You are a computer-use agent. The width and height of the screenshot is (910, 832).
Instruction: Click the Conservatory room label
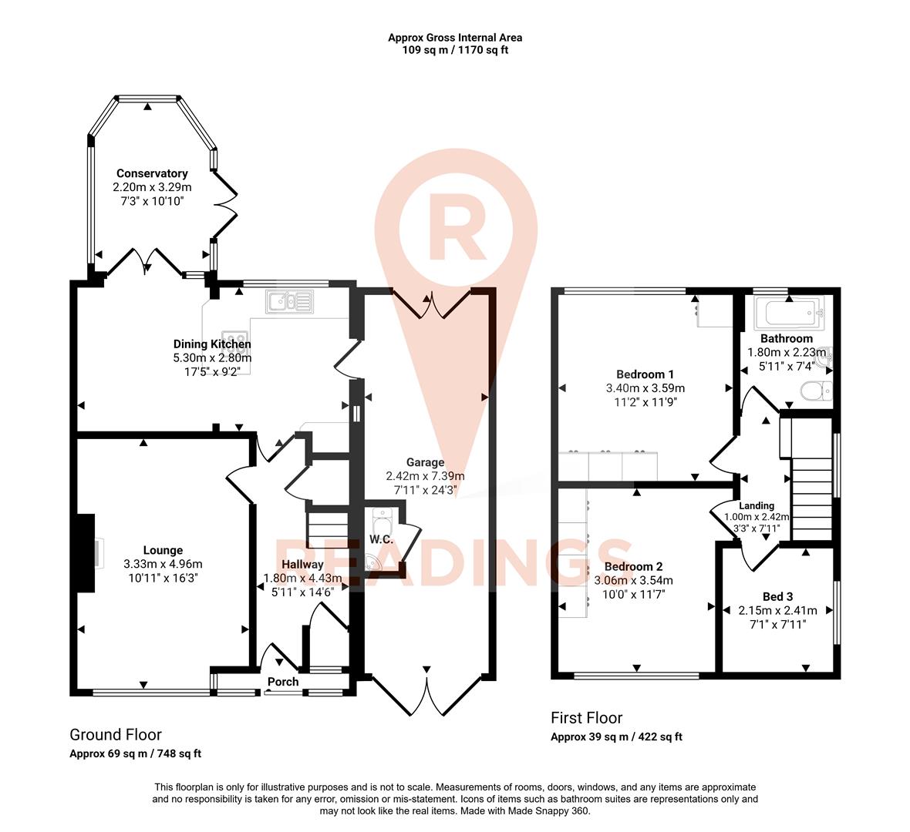152,173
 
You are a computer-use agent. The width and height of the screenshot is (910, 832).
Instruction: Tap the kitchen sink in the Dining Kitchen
290,301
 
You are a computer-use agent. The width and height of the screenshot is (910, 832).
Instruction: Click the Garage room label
425,462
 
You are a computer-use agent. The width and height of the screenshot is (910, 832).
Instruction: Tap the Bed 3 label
777,596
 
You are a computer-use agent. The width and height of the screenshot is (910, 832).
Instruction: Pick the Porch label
283,682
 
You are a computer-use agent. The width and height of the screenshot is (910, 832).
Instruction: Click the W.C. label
381,539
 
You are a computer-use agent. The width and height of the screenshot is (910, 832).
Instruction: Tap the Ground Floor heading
116,734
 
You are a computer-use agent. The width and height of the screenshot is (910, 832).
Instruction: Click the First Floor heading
586,718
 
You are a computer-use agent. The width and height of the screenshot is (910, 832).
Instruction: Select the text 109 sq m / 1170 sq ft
455,50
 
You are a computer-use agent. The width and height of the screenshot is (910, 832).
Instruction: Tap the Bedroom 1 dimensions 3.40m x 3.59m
645,388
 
